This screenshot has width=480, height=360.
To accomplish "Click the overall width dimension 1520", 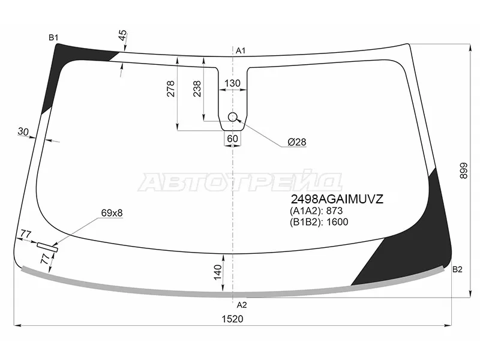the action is tap(232, 319).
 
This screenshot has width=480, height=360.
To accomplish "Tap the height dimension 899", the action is tap(464, 171).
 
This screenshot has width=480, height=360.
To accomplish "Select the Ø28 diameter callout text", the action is tap(296, 142).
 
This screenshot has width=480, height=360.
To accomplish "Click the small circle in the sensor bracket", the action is tap(233, 117).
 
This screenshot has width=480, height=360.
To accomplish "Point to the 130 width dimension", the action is tap(232, 83).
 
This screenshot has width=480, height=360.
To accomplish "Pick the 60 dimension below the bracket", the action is tap(232, 139).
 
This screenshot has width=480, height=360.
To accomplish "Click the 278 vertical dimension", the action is tap(170, 88).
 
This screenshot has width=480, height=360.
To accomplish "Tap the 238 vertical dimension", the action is tap(197, 88).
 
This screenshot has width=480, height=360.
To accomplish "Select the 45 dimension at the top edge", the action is tap(122, 35).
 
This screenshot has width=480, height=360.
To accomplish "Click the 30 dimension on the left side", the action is tap(23, 132).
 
